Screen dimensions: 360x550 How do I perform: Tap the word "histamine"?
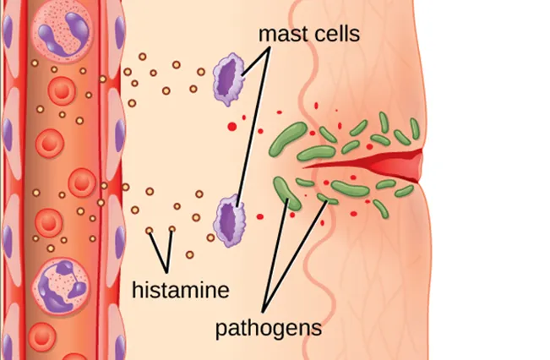click(x=181, y=291)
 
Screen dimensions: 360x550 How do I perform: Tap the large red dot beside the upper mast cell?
click(x=232, y=126)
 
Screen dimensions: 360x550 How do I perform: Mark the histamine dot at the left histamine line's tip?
click(x=150, y=230)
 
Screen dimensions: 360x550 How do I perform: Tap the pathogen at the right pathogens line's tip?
click(x=324, y=199)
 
